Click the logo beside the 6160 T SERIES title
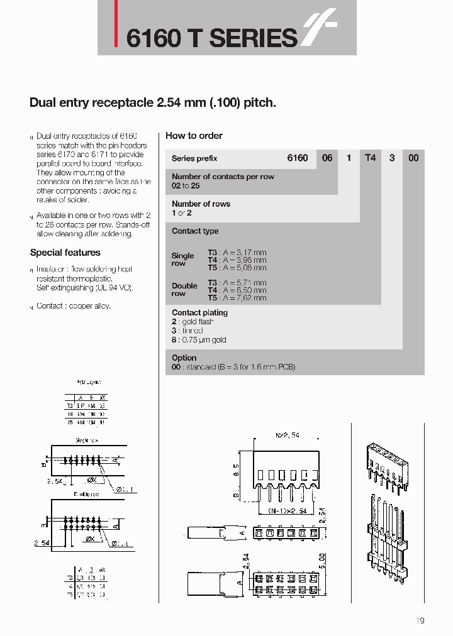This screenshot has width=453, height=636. [x=320, y=31]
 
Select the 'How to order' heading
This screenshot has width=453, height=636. [x=194, y=136]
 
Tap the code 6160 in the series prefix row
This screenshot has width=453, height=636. [x=298, y=158]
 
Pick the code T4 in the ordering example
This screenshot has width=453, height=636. [x=370, y=158]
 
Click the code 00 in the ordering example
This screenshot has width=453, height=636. [x=413, y=158]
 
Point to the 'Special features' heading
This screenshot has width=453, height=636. [x=65, y=253]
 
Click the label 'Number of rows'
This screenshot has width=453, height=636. [x=201, y=204]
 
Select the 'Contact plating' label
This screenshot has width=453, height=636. [x=200, y=312]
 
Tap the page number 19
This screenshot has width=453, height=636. [x=420, y=621]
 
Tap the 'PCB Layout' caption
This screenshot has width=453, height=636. [x=88, y=381]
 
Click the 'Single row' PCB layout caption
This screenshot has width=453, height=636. [x=85, y=440]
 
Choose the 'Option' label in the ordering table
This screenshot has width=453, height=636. [x=184, y=358]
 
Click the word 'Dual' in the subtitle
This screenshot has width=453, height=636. [x=42, y=102]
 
